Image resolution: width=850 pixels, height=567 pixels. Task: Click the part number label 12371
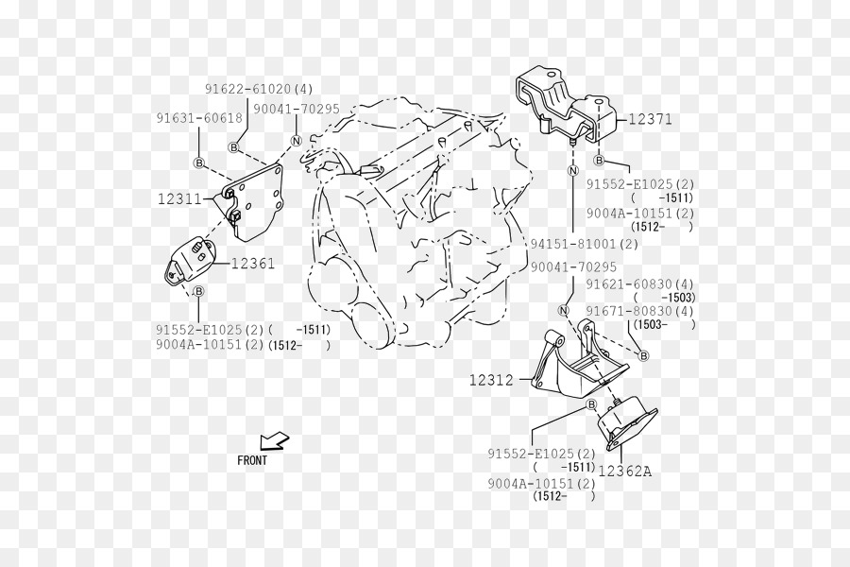click(x=650, y=119)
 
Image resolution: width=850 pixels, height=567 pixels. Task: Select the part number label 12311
click(x=179, y=199)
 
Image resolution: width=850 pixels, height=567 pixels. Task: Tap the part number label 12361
click(x=253, y=264)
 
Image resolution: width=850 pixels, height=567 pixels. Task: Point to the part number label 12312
click(x=491, y=380)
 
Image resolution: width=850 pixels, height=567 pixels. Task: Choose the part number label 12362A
click(x=625, y=471)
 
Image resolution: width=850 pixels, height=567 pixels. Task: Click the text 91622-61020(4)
click(x=259, y=89)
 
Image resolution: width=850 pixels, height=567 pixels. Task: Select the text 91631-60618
click(x=199, y=118)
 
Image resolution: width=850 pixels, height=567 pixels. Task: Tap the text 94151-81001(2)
click(x=585, y=244)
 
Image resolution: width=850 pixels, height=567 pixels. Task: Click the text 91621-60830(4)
click(x=639, y=283)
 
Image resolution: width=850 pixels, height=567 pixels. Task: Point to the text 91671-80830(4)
click(x=639, y=311)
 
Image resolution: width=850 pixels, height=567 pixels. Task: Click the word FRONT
click(x=252, y=460)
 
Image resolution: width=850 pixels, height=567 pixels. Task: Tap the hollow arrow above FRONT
click(x=274, y=440)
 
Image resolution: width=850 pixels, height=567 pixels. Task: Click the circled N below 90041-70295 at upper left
click(x=296, y=141)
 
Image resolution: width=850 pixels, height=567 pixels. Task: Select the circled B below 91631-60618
click(x=199, y=163)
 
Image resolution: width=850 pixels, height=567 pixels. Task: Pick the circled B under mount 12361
click(x=198, y=291)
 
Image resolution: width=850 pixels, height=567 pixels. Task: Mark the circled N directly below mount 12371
click(x=573, y=170)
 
